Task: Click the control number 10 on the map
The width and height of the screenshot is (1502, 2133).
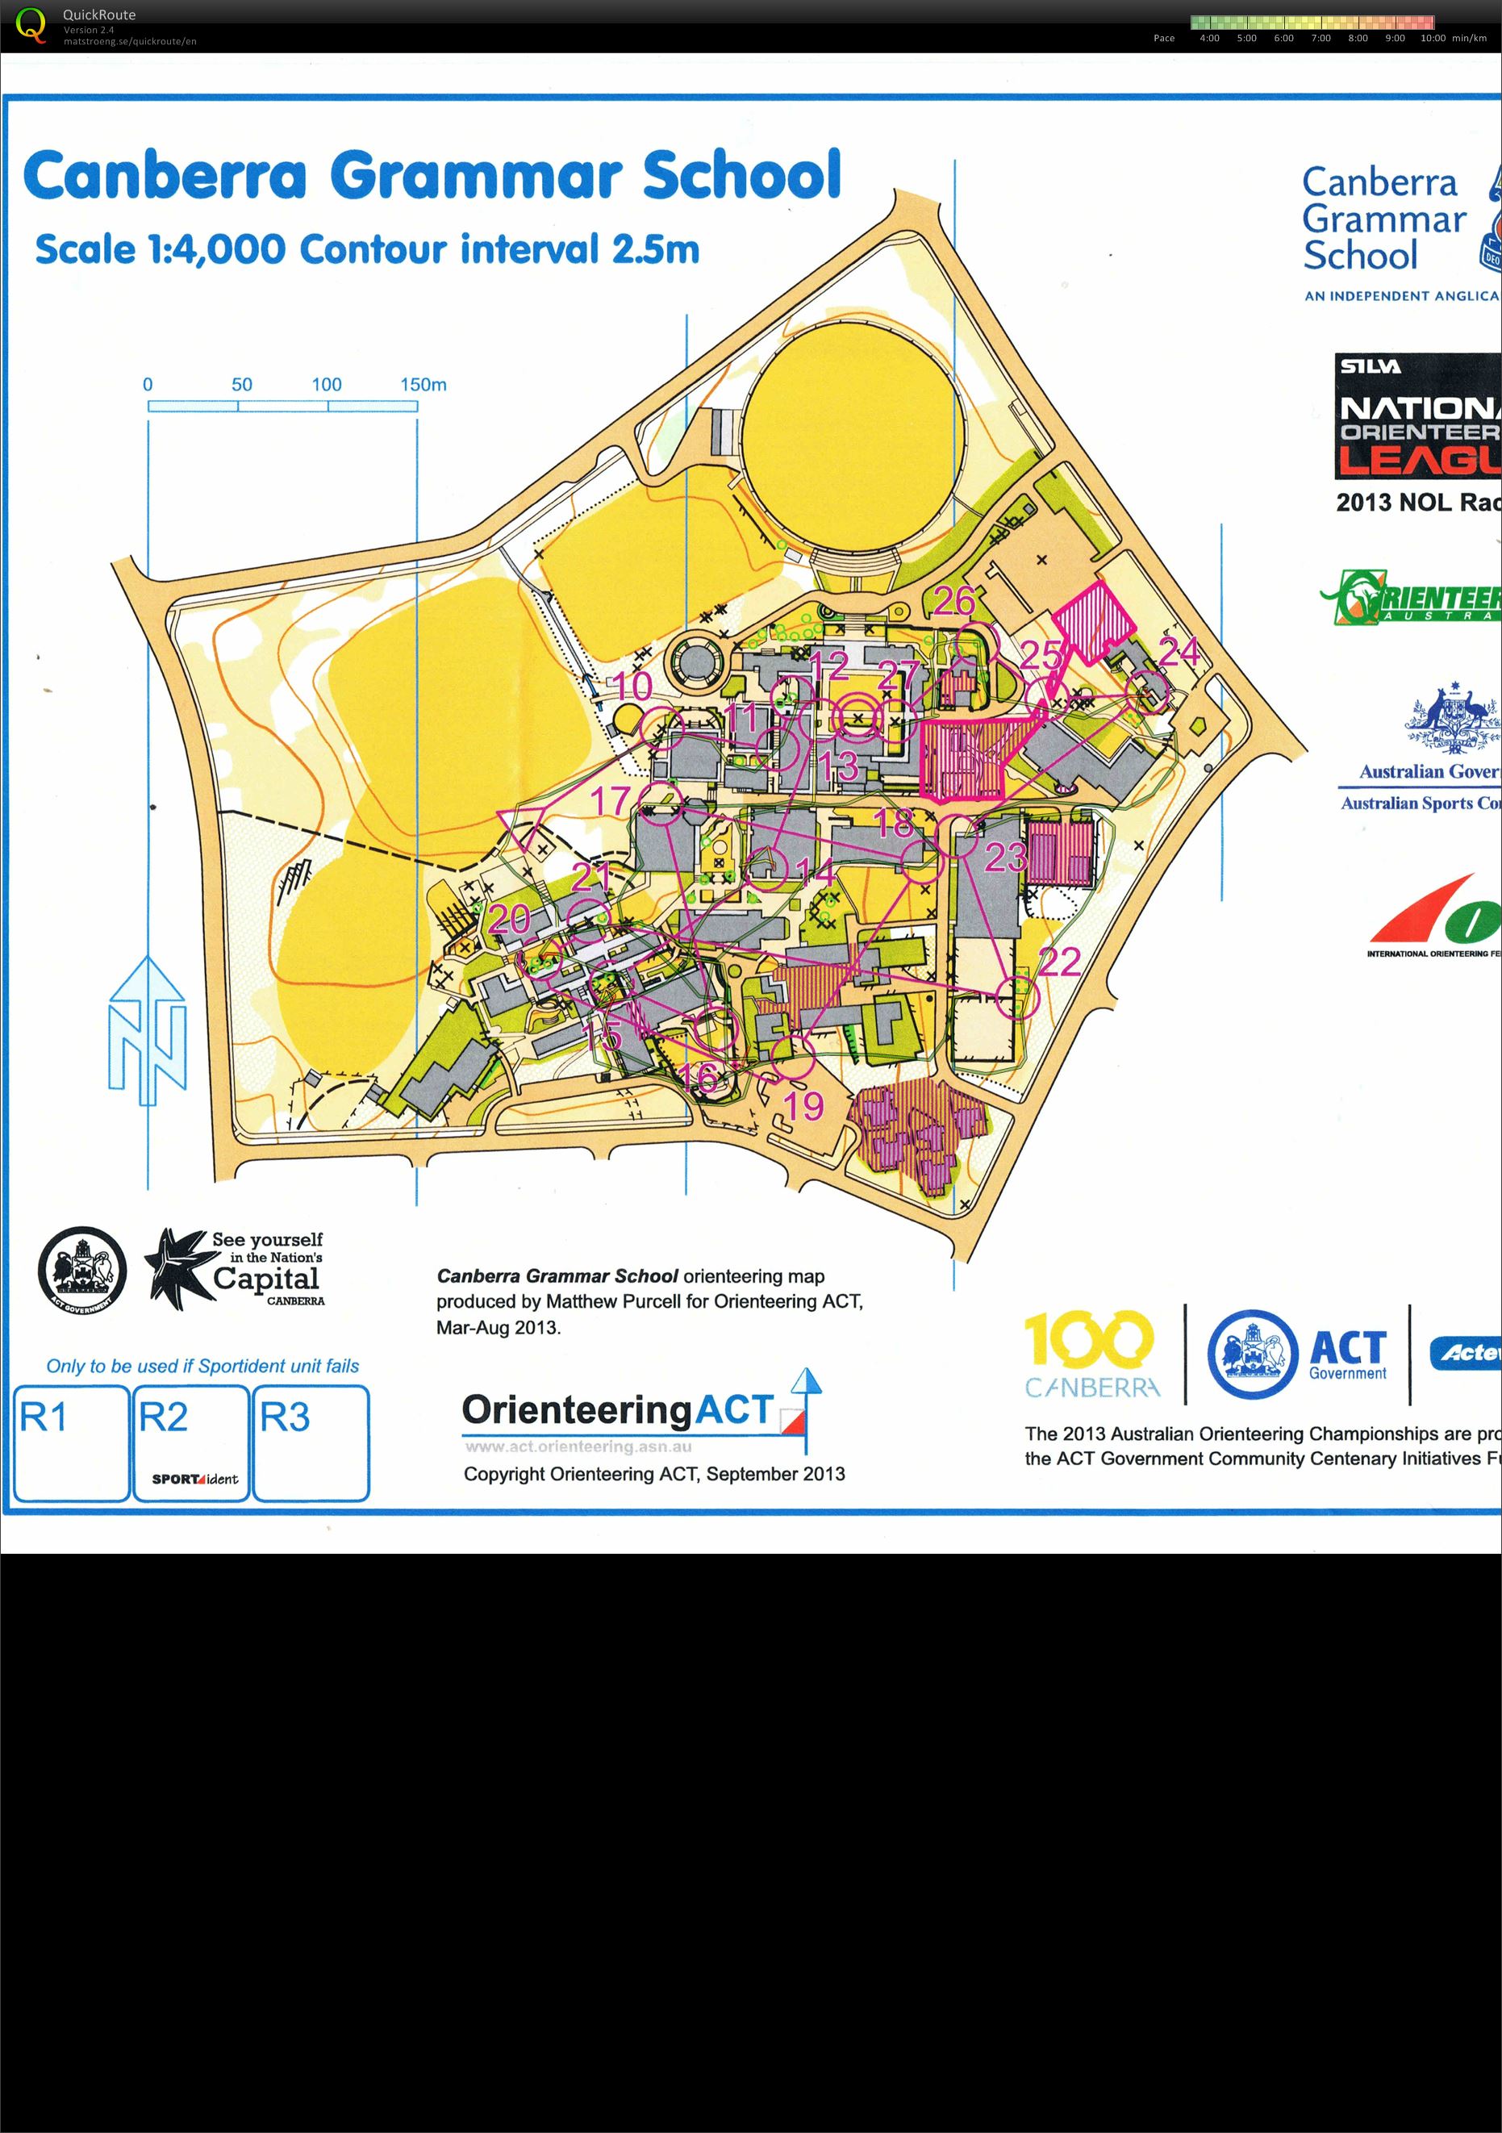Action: pos(632,687)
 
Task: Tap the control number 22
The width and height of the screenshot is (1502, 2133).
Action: pos(1059,962)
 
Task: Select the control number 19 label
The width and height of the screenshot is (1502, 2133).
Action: pos(804,1105)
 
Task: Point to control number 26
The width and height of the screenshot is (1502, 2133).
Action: pos(954,601)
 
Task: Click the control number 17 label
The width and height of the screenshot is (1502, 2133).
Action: pos(611,801)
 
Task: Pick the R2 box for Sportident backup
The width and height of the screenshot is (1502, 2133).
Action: pos(190,1442)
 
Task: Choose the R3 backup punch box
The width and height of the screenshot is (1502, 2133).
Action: pos(311,1442)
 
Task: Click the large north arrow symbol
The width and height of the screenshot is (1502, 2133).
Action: pos(147,1031)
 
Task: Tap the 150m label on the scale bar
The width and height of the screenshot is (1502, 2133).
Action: pos(423,385)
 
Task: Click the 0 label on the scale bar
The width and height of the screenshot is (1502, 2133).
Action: pos(148,385)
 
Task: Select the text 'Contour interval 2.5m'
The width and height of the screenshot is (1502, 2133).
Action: pos(499,250)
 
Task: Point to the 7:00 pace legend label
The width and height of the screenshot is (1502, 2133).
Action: pos(1320,38)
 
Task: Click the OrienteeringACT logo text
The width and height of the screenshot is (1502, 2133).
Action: pos(618,1410)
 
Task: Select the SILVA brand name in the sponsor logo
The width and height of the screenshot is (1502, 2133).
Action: pos(1370,366)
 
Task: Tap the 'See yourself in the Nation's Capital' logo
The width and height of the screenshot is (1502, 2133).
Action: pos(236,1268)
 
